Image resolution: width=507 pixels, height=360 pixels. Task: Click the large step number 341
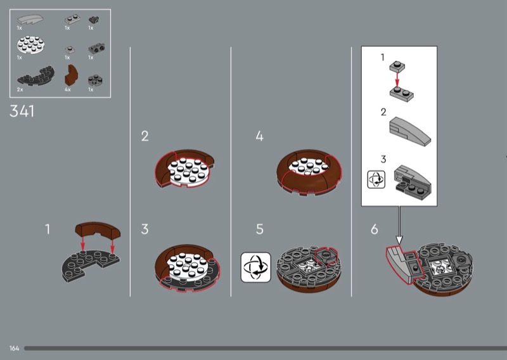[x=22, y=112]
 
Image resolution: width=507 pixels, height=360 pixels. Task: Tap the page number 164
[x=14, y=349]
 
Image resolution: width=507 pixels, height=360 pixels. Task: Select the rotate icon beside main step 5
[x=255, y=267]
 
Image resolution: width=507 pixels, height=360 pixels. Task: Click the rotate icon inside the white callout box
[x=376, y=179]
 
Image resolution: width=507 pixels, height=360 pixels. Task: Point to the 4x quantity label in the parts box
[x=68, y=90]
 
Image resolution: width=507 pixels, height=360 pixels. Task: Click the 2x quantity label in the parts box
[x=20, y=90]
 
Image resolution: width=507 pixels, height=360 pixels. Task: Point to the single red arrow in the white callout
[x=397, y=79]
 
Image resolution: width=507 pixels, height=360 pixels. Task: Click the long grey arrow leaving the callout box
[x=399, y=223]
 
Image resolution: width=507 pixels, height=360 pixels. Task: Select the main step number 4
[x=259, y=136]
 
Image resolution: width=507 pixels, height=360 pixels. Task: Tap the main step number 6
[x=375, y=229]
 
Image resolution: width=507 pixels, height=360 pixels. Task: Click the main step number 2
[x=144, y=136]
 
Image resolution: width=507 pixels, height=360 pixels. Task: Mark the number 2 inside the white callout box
[x=383, y=112]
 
